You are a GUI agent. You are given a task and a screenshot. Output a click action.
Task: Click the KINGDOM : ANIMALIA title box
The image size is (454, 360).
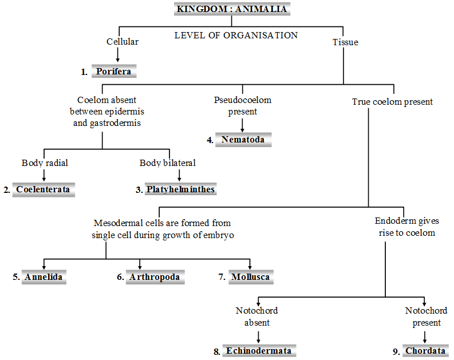pos(232,9)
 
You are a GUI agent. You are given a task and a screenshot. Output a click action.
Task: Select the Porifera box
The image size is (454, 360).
pos(114,72)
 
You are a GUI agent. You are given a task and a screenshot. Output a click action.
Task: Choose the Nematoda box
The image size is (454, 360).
pos(243,140)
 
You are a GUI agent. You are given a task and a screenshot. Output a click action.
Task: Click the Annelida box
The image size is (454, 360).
pos(43,278)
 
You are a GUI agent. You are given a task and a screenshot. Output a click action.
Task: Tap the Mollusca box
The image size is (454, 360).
pos(250,278)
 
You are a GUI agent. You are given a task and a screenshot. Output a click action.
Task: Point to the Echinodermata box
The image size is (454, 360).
pos(259,351)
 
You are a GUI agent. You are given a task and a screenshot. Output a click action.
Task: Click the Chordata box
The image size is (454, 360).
pos(425,351)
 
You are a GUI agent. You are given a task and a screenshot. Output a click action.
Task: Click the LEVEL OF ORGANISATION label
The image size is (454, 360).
pos(236,35)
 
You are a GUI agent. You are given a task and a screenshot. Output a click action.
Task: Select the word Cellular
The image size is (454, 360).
pos(123,42)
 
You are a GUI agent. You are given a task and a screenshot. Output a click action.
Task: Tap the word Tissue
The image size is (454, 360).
pos(345,42)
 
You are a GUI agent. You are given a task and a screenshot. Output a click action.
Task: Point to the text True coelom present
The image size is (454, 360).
pos(392,102)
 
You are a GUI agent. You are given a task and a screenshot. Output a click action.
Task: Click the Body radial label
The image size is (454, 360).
pos(45,163)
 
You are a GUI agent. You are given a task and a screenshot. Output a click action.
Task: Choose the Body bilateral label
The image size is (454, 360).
pos(168,163)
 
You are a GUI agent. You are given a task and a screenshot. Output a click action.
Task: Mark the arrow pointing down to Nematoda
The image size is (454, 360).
pos(243,125)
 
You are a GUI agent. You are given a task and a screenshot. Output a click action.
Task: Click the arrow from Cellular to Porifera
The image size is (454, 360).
pos(119,54)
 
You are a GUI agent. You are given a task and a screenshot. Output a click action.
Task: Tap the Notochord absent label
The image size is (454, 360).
pos(257,317)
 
